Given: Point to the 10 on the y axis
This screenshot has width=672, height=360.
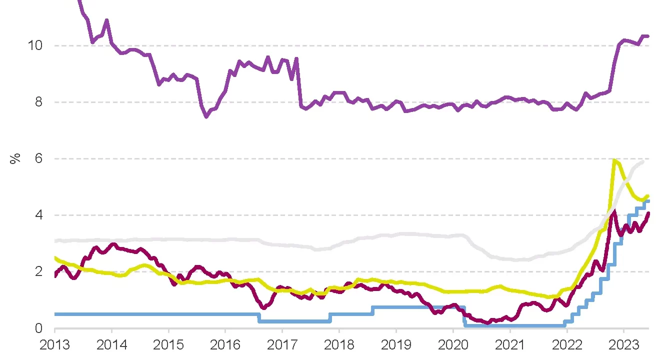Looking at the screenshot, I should [x=34, y=46].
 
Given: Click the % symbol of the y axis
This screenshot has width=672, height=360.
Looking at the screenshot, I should [x=15, y=159].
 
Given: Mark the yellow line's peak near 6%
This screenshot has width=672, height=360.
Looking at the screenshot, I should [x=613, y=160].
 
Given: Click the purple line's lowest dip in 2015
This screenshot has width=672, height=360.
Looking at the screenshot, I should [x=205, y=116].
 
